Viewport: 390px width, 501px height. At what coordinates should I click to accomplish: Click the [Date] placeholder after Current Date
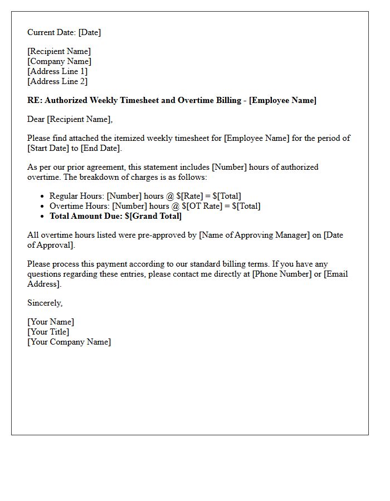point(90,32)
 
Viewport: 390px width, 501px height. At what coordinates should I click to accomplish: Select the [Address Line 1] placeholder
point(57,71)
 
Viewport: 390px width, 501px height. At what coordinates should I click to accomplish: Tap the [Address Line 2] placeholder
point(57,81)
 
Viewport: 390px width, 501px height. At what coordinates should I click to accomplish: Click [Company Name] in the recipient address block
point(59,61)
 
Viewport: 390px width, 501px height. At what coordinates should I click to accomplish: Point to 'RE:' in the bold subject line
point(35,100)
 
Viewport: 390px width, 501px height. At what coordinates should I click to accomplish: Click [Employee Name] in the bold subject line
point(282,100)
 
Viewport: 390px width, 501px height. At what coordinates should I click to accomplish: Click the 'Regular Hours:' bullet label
point(76,196)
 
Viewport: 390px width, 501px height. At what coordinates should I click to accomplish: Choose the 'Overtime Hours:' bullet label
point(80,206)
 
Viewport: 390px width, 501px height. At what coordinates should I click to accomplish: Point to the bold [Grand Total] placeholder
point(155,216)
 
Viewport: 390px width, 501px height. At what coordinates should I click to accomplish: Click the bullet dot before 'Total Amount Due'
point(42,216)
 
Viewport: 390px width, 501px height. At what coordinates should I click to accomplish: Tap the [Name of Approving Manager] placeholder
point(254,235)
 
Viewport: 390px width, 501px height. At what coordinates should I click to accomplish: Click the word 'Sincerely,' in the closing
point(45,303)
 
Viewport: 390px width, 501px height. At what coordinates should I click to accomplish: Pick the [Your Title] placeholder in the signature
point(48,332)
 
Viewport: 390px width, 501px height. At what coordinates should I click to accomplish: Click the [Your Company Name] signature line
point(69,342)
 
